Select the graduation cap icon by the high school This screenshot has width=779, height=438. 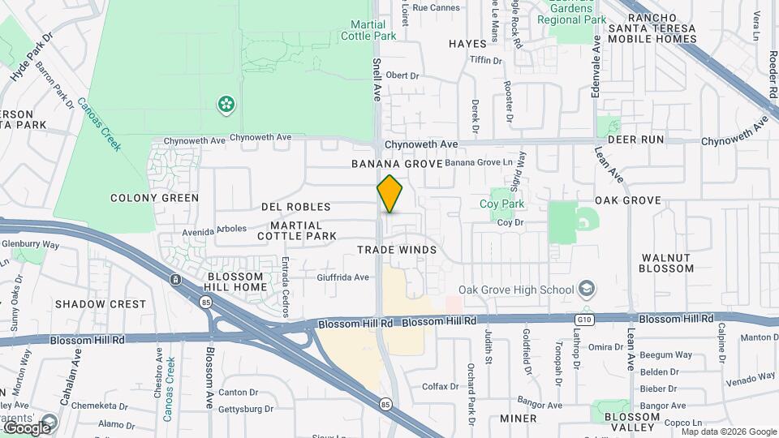point(586,290)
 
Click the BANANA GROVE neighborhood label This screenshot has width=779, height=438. point(397,164)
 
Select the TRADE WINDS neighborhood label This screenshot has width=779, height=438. point(397,250)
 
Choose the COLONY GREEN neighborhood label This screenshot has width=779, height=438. point(154,198)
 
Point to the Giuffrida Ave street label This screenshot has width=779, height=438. point(343,277)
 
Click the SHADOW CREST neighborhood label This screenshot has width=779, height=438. point(101,304)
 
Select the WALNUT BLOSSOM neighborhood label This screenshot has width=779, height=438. point(667,263)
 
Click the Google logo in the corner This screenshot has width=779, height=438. point(26,427)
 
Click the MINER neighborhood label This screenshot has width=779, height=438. point(518,419)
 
